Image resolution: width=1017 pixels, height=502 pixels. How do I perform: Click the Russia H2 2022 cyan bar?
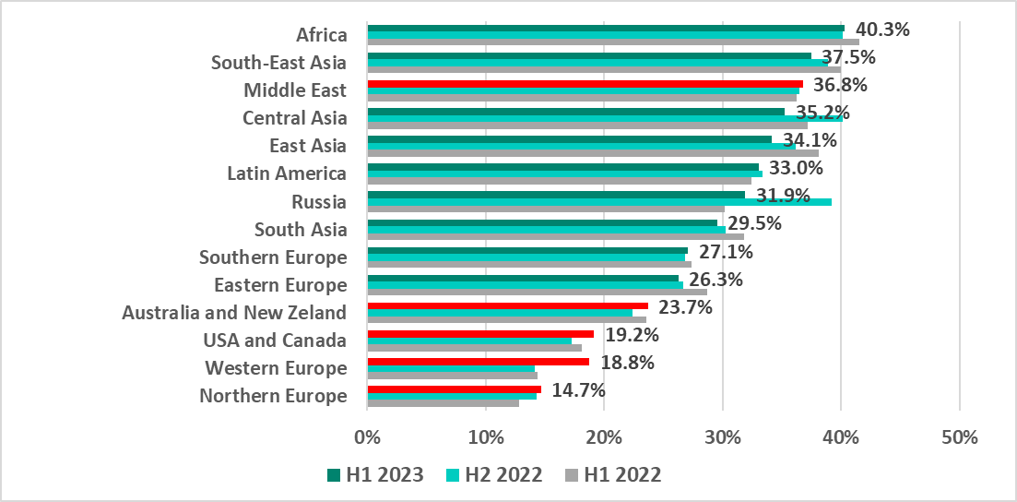(599, 201)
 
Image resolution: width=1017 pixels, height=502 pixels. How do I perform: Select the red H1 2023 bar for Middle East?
(585, 84)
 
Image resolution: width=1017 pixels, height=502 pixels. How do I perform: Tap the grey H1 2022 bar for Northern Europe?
(443, 403)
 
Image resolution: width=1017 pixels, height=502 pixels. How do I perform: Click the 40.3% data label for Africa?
(882, 30)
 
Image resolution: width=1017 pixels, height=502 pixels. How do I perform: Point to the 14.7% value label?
(578, 390)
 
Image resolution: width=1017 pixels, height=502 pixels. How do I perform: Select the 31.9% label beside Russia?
(783, 196)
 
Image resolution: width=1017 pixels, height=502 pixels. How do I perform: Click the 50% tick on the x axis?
(959, 437)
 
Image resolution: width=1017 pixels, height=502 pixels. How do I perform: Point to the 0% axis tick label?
(367, 437)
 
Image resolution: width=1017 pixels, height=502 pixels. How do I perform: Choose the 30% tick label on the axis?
(722, 437)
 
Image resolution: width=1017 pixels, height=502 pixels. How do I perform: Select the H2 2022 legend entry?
(494, 475)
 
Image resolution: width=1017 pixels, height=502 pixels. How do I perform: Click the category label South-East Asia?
(278, 63)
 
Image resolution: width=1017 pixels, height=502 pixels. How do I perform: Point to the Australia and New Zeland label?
(234, 313)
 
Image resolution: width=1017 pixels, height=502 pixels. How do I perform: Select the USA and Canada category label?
(275, 341)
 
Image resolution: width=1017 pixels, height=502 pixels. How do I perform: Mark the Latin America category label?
(287, 173)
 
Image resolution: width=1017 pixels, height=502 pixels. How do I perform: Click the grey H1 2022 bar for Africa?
(612, 42)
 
